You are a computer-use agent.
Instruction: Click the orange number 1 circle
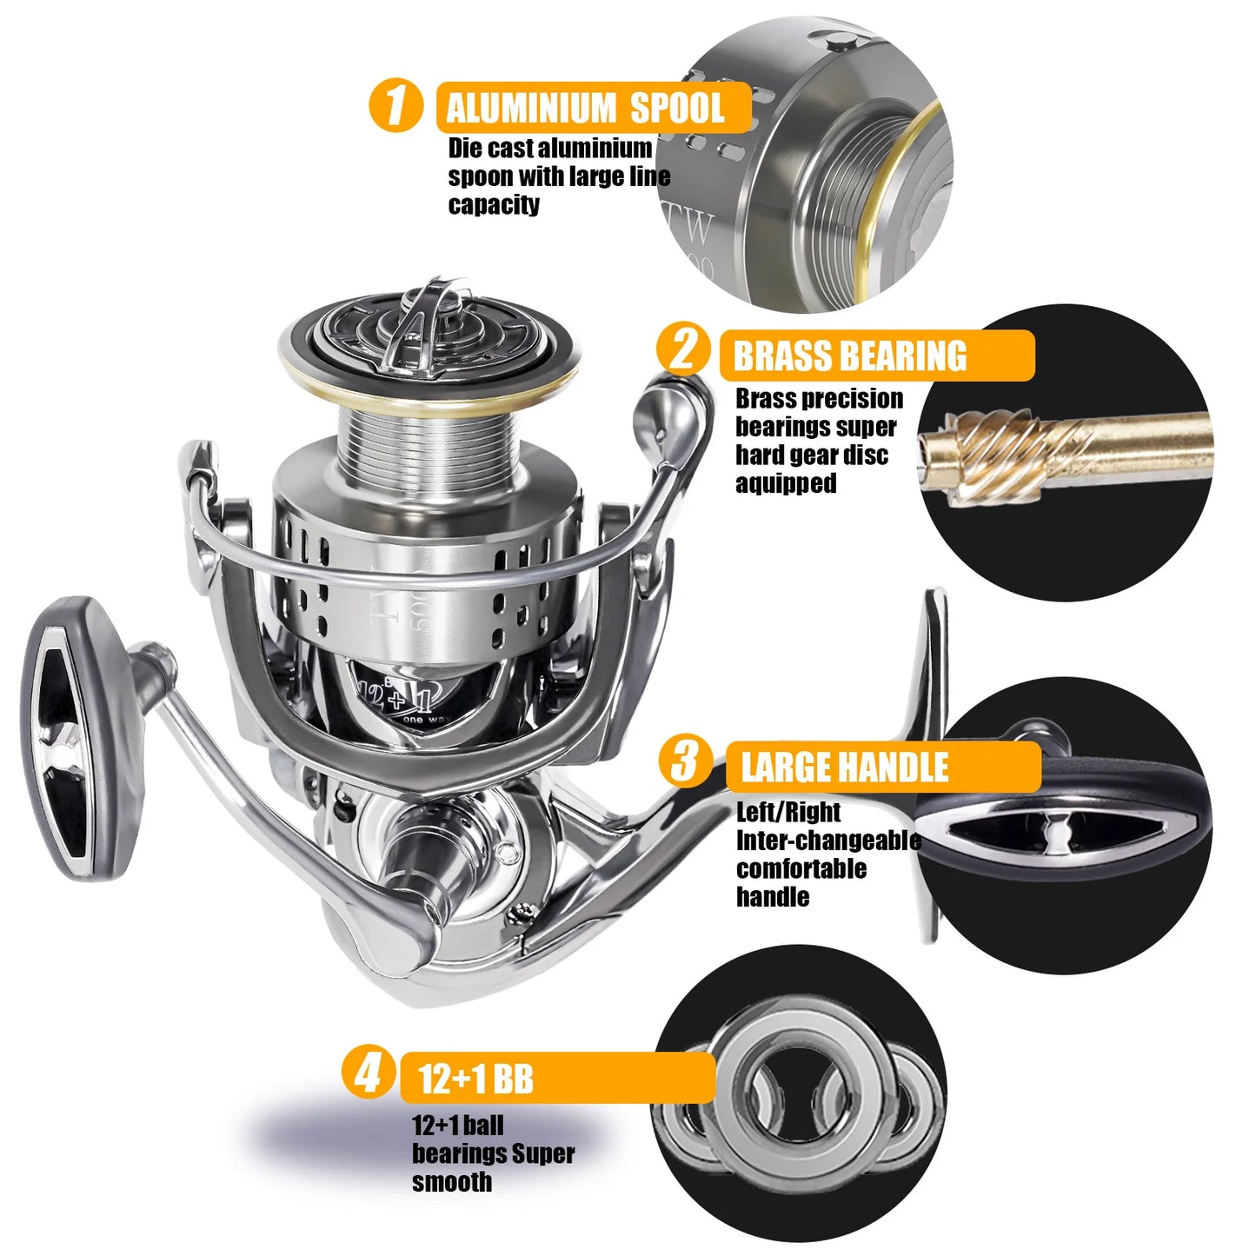click(396, 106)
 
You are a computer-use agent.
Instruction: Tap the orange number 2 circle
click(684, 349)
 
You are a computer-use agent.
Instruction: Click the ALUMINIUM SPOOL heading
click(585, 108)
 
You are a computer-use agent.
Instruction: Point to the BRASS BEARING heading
click(850, 356)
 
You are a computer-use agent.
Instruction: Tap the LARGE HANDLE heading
click(844, 768)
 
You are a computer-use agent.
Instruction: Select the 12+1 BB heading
click(475, 1080)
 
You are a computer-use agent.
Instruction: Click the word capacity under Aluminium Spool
click(494, 205)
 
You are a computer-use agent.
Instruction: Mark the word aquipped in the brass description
click(786, 483)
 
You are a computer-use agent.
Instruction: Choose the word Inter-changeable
click(828, 841)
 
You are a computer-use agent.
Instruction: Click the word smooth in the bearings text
click(452, 1182)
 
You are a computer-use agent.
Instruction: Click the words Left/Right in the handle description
click(788, 812)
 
